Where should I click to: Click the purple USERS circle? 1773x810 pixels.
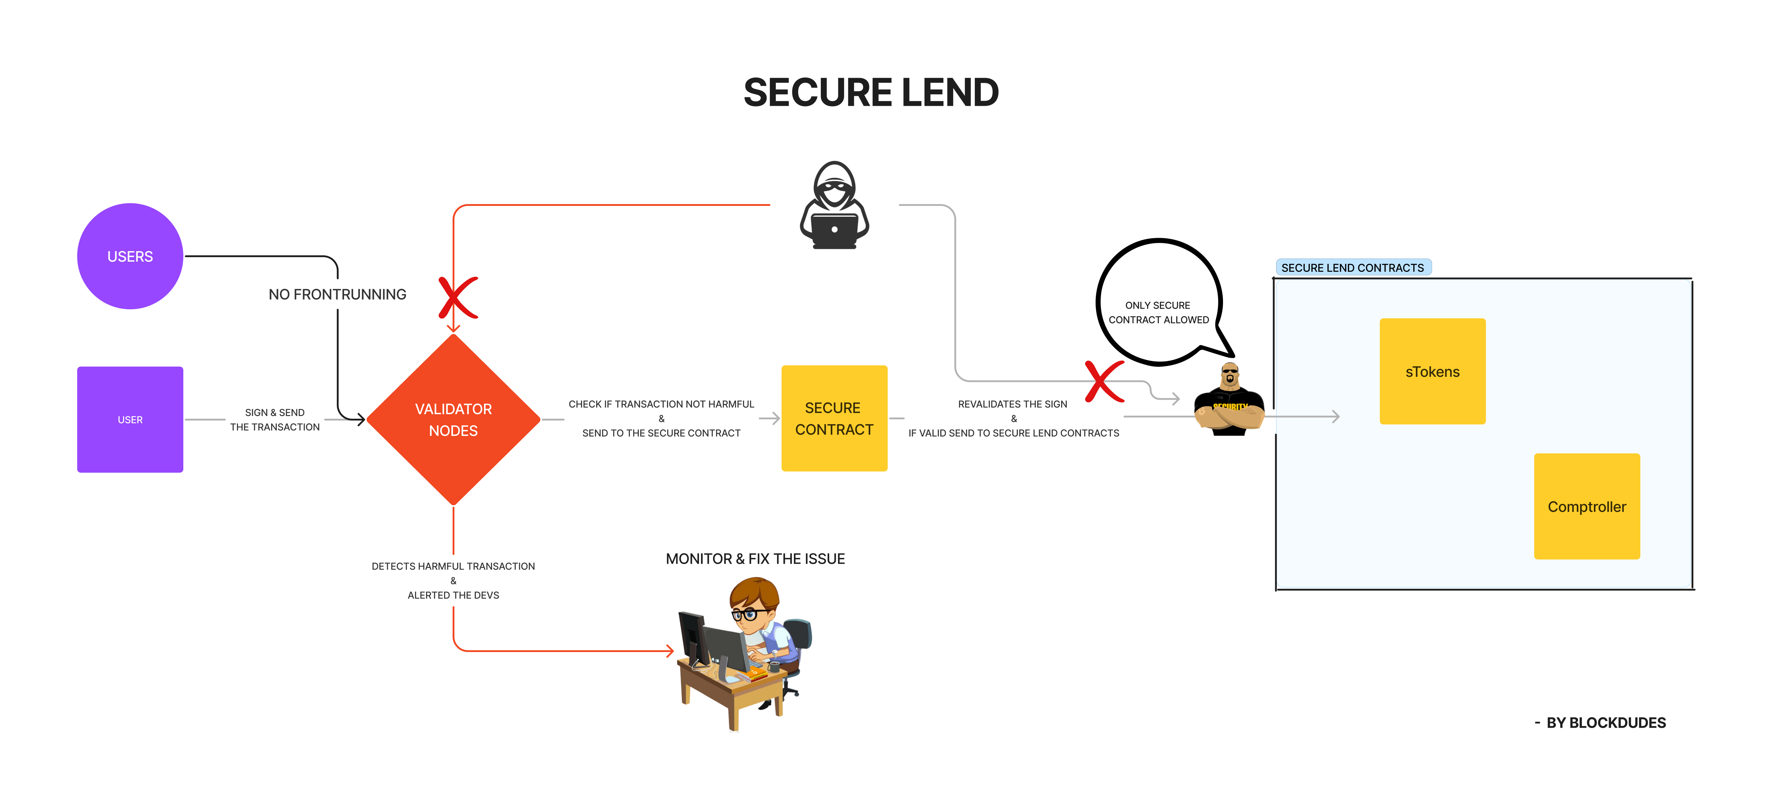[130, 256]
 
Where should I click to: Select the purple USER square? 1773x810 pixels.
[130, 419]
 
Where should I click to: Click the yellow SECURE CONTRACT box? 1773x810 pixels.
[834, 418]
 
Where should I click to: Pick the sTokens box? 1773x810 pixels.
[1432, 372]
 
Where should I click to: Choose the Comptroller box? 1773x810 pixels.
[1586, 506]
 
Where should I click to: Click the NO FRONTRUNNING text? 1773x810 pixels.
[337, 295]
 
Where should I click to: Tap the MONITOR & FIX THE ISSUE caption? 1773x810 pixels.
[755, 559]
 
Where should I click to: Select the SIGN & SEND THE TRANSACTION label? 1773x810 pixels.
[275, 420]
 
